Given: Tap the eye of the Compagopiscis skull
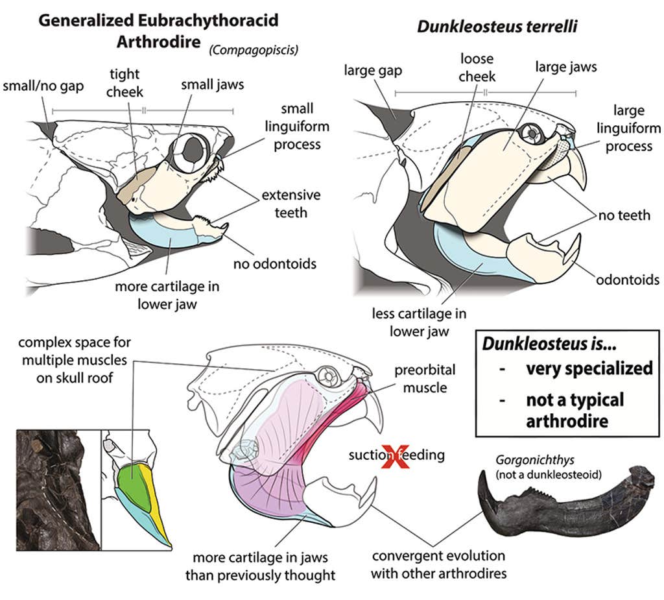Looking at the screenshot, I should click(x=192, y=151).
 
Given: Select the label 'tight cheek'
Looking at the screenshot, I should click(x=124, y=83).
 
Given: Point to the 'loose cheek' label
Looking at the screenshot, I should click(x=477, y=68).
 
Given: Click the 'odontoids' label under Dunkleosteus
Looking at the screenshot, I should click(x=628, y=280).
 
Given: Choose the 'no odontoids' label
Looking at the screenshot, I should click(x=275, y=263).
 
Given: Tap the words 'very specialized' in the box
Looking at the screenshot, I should click(x=589, y=368).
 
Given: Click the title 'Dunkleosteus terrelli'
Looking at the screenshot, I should click(x=497, y=27).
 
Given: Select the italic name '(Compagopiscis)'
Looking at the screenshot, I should click(x=254, y=50).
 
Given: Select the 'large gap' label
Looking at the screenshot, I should click(x=373, y=69).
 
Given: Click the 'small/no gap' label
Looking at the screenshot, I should click(x=43, y=86).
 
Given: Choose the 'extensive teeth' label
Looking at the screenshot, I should click(x=290, y=204).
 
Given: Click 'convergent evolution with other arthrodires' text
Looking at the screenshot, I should click(x=438, y=564).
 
